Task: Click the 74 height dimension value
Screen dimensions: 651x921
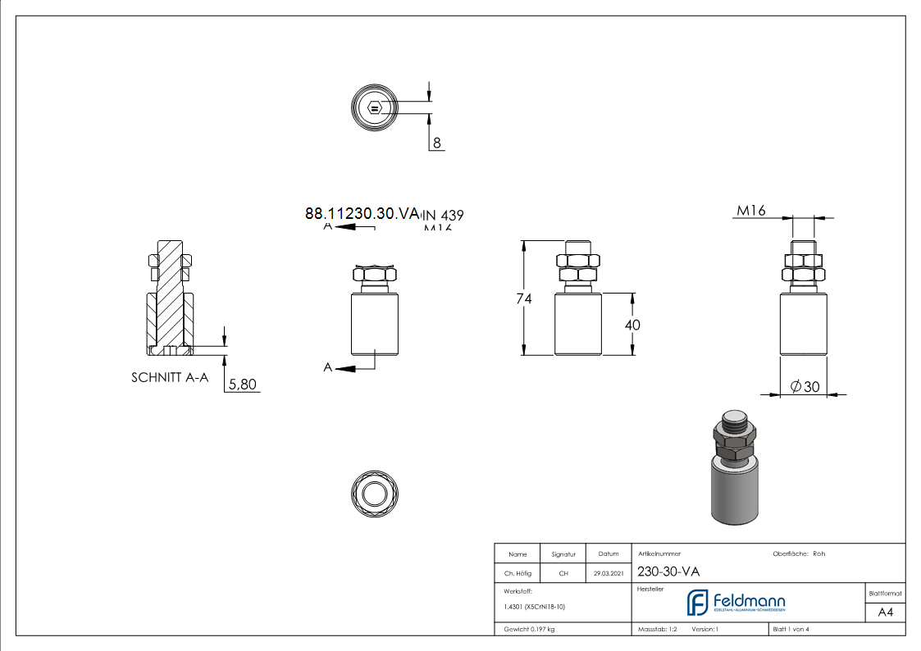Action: click(524, 299)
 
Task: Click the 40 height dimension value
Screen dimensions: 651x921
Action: click(632, 325)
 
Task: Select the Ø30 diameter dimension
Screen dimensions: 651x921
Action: click(805, 387)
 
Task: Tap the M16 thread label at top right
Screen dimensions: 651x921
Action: click(751, 211)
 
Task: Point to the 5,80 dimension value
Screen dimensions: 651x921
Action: click(241, 384)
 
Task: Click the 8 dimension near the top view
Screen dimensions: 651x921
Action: click(437, 143)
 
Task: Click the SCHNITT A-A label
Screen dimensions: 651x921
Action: click(170, 378)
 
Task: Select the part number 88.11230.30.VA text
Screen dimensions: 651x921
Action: click(362, 213)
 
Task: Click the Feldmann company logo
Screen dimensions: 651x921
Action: click(736, 603)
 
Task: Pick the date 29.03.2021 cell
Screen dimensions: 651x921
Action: click(609, 574)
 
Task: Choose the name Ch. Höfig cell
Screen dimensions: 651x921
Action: click(517, 574)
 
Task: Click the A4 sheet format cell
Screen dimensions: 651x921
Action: click(885, 612)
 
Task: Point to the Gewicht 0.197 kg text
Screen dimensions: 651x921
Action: click(529, 629)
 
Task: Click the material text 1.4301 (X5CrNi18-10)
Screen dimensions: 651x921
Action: click(534, 608)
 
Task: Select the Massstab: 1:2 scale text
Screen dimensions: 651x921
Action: click(657, 629)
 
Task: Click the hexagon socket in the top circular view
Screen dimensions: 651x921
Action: click(375, 107)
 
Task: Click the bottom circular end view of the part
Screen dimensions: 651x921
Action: click(375, 494)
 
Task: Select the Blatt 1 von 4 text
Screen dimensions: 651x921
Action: click(791, 629)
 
